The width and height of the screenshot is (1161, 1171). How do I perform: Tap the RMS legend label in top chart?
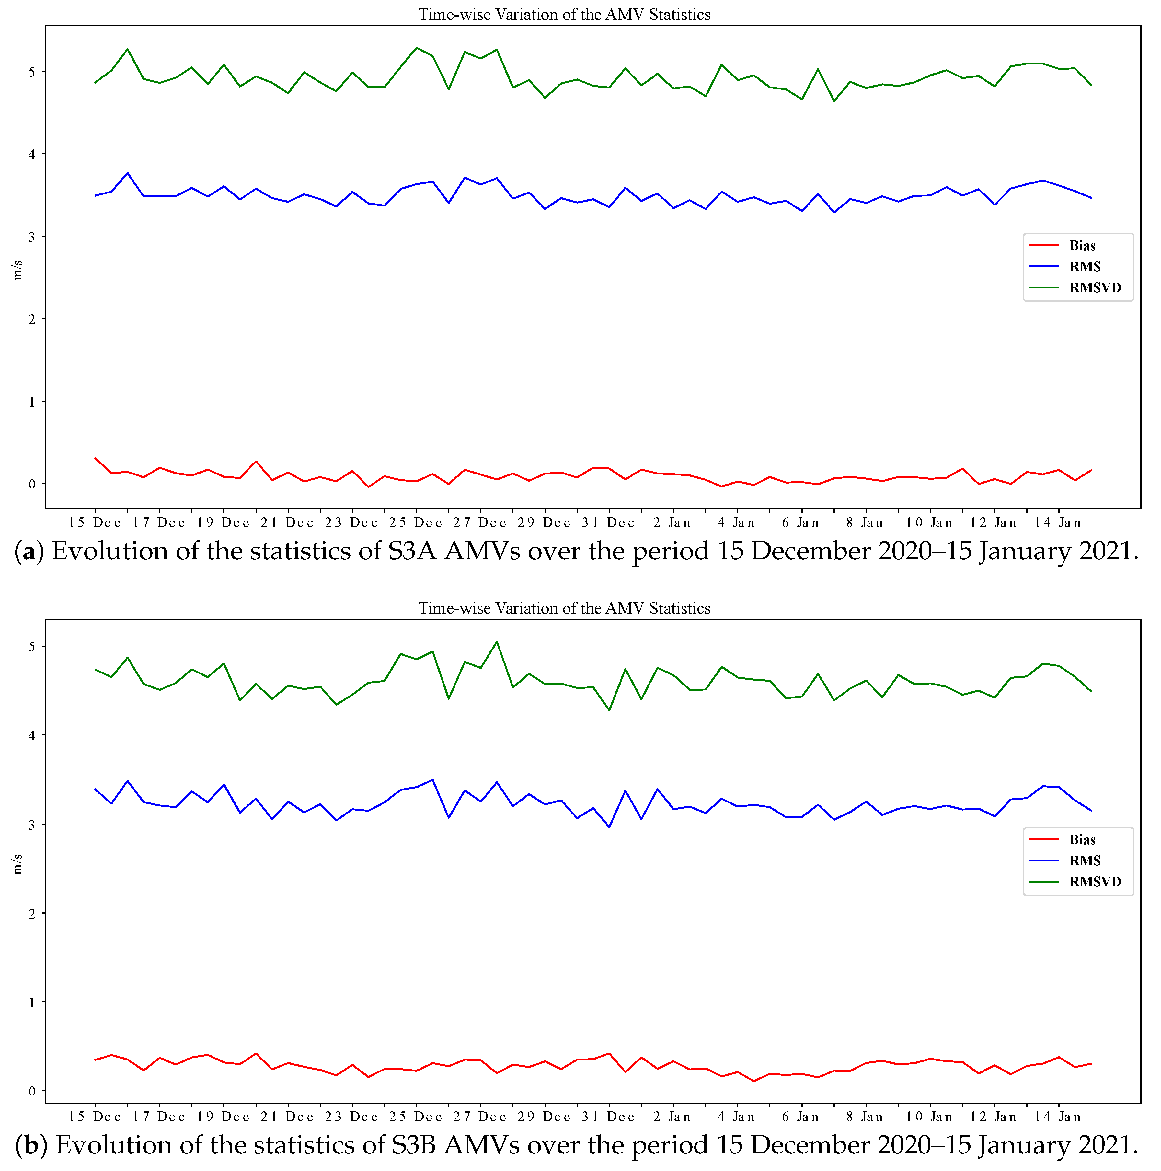[x=1085, y=267]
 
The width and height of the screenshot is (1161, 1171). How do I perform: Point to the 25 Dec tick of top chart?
[x=416, y=522]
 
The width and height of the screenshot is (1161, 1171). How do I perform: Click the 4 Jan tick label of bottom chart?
[x=736, y=1117]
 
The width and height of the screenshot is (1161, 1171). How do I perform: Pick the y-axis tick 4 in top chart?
[x=32, y=154]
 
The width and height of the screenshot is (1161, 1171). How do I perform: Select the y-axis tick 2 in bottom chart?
[x=32, y=913]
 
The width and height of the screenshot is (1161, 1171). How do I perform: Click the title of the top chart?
[x=564, y=15]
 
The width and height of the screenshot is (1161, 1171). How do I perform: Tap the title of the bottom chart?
[x=564, y=608]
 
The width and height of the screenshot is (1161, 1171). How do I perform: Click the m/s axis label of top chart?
[x=17, y=270]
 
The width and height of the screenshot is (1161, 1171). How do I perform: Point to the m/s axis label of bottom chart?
[x=17, y=864]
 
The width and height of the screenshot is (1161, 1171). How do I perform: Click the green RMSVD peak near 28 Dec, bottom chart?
[x=497, y=641]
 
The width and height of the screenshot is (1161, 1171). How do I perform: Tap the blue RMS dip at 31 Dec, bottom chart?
[x=609, y=827]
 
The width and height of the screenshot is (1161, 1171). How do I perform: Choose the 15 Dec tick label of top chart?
[x=95, y=522]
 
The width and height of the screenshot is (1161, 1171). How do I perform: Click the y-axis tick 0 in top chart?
[x=32, y=484]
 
